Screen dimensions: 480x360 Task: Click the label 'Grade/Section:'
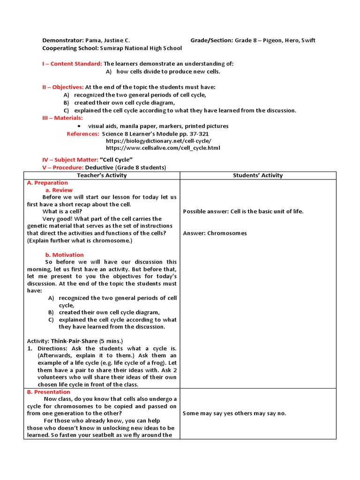[211, 40]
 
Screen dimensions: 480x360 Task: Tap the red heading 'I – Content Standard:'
[72, 64]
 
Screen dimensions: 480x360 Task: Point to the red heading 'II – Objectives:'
[63, 87]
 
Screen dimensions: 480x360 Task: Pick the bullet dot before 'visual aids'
[78, 126]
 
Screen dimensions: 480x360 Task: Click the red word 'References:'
[83, 134]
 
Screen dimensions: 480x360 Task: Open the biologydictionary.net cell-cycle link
[158, 141]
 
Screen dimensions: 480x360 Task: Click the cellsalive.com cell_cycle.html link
[163, 148]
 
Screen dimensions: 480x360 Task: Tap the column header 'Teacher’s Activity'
[102, 175]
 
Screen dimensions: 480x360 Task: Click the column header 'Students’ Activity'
[258, 175]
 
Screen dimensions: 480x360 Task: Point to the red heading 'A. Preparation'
[47, 183]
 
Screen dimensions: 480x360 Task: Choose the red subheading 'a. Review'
[59, 190]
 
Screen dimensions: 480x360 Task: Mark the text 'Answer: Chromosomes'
[215, 233]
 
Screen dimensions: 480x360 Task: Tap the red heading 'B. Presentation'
[49, 392]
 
